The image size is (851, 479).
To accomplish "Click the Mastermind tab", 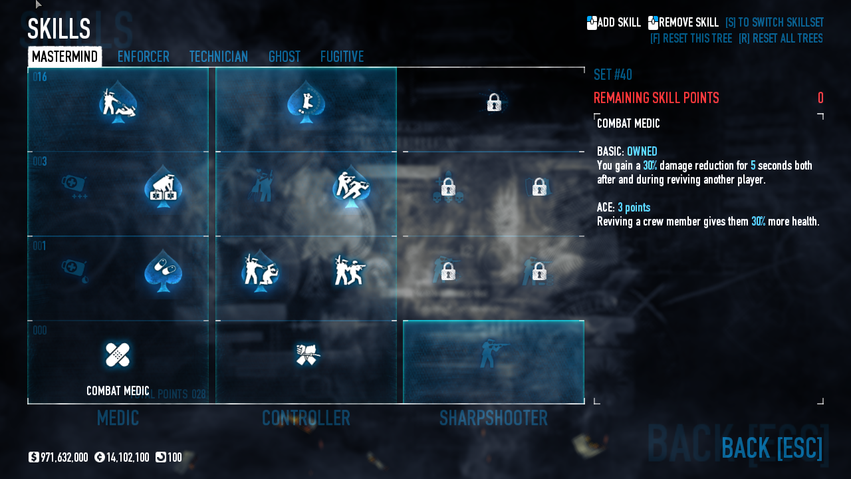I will click(x=64, y=57).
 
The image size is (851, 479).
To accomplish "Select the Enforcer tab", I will click(x=143, y=57).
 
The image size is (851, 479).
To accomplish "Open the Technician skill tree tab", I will click(x=218, y=57).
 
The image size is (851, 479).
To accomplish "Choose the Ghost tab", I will click(x=284, y=57).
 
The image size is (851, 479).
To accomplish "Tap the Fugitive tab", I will click(x=342, y=57).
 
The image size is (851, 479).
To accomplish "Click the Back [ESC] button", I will click(x=771, y=448).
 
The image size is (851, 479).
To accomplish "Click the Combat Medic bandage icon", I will click(x=118, y=355).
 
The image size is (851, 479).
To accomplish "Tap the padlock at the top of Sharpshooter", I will click(x=493, y=102).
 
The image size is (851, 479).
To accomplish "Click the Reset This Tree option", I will click(x=691, y=39).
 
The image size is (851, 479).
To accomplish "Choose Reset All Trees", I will click(x=781, y=39).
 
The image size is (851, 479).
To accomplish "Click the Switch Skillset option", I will click(x=774, y=23).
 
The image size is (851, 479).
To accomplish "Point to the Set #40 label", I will click(x=612, y=75).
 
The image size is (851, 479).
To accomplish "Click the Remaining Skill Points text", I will click(x=656, y=98).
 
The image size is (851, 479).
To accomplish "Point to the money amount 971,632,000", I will click(x=64, y=458).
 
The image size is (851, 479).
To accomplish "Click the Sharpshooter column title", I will click(x=493, y=418).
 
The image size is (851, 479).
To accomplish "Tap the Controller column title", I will click(x=306, y=418).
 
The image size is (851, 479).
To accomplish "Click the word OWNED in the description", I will click(x=642, y=152).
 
